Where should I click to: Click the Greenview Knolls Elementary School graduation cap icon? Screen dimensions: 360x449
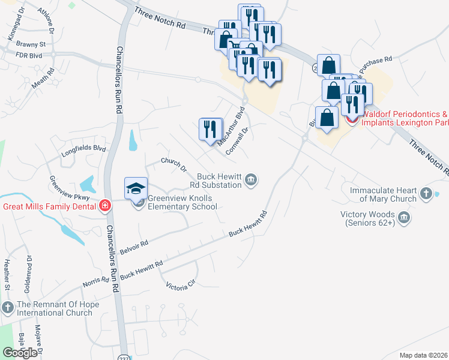[x=136, y=188]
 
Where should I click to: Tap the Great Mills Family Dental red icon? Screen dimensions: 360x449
[x=105, y=206]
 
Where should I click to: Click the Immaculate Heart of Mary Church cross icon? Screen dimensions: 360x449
[x=426, y=193]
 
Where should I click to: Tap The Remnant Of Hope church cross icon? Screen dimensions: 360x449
[x=7, y=308]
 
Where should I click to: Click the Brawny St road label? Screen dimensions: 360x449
[x=31, y=44]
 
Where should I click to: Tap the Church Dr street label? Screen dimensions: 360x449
[x=174, y=164]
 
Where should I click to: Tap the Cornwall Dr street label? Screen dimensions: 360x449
[x=237, y=141]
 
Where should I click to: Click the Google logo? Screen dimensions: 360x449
[x=20, y=353]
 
